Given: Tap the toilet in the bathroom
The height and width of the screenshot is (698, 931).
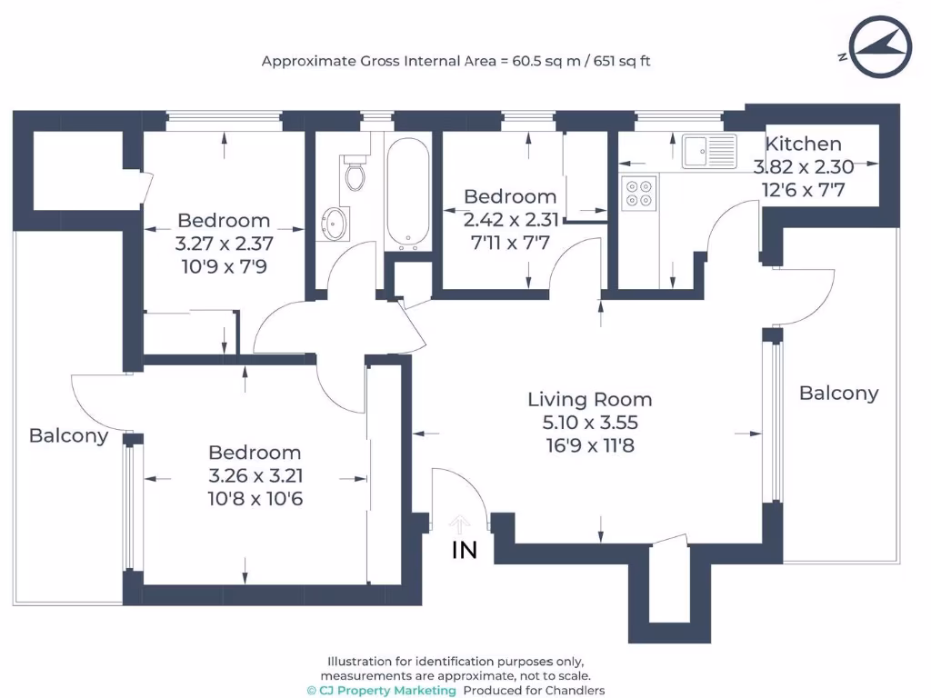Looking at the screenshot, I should click(355, 173).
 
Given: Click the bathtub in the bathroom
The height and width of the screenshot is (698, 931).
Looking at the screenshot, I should click(406, 193).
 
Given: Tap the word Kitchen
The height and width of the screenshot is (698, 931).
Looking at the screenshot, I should click(803, 144).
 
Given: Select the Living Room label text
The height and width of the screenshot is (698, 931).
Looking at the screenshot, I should click(590, 399).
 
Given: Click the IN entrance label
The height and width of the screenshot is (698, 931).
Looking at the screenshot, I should click(465, 550).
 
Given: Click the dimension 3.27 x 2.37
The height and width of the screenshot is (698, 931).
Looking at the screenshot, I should click(224, 244).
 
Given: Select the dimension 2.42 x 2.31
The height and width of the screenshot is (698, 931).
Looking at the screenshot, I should click(510, 219).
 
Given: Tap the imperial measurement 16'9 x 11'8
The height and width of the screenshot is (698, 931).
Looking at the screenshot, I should click(590, 446).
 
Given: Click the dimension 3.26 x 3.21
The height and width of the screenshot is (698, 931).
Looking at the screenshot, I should click(255, 475).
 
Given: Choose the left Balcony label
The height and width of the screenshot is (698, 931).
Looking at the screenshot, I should click(68, 435).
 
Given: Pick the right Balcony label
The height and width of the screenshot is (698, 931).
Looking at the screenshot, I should click(838, 393).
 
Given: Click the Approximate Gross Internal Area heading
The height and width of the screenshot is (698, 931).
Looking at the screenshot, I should click(455, 62).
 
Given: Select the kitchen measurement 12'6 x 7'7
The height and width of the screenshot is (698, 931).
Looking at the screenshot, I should click(803, 190).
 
